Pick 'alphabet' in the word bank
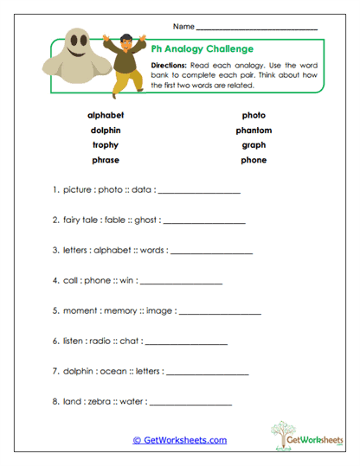coord(106,115)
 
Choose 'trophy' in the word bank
coord(106,145)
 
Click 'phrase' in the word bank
coord(106,160)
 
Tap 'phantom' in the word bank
coord(254,131)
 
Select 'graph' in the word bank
coord(254,145)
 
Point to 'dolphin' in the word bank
coord(106,131)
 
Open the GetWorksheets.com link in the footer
coord(179,440)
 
